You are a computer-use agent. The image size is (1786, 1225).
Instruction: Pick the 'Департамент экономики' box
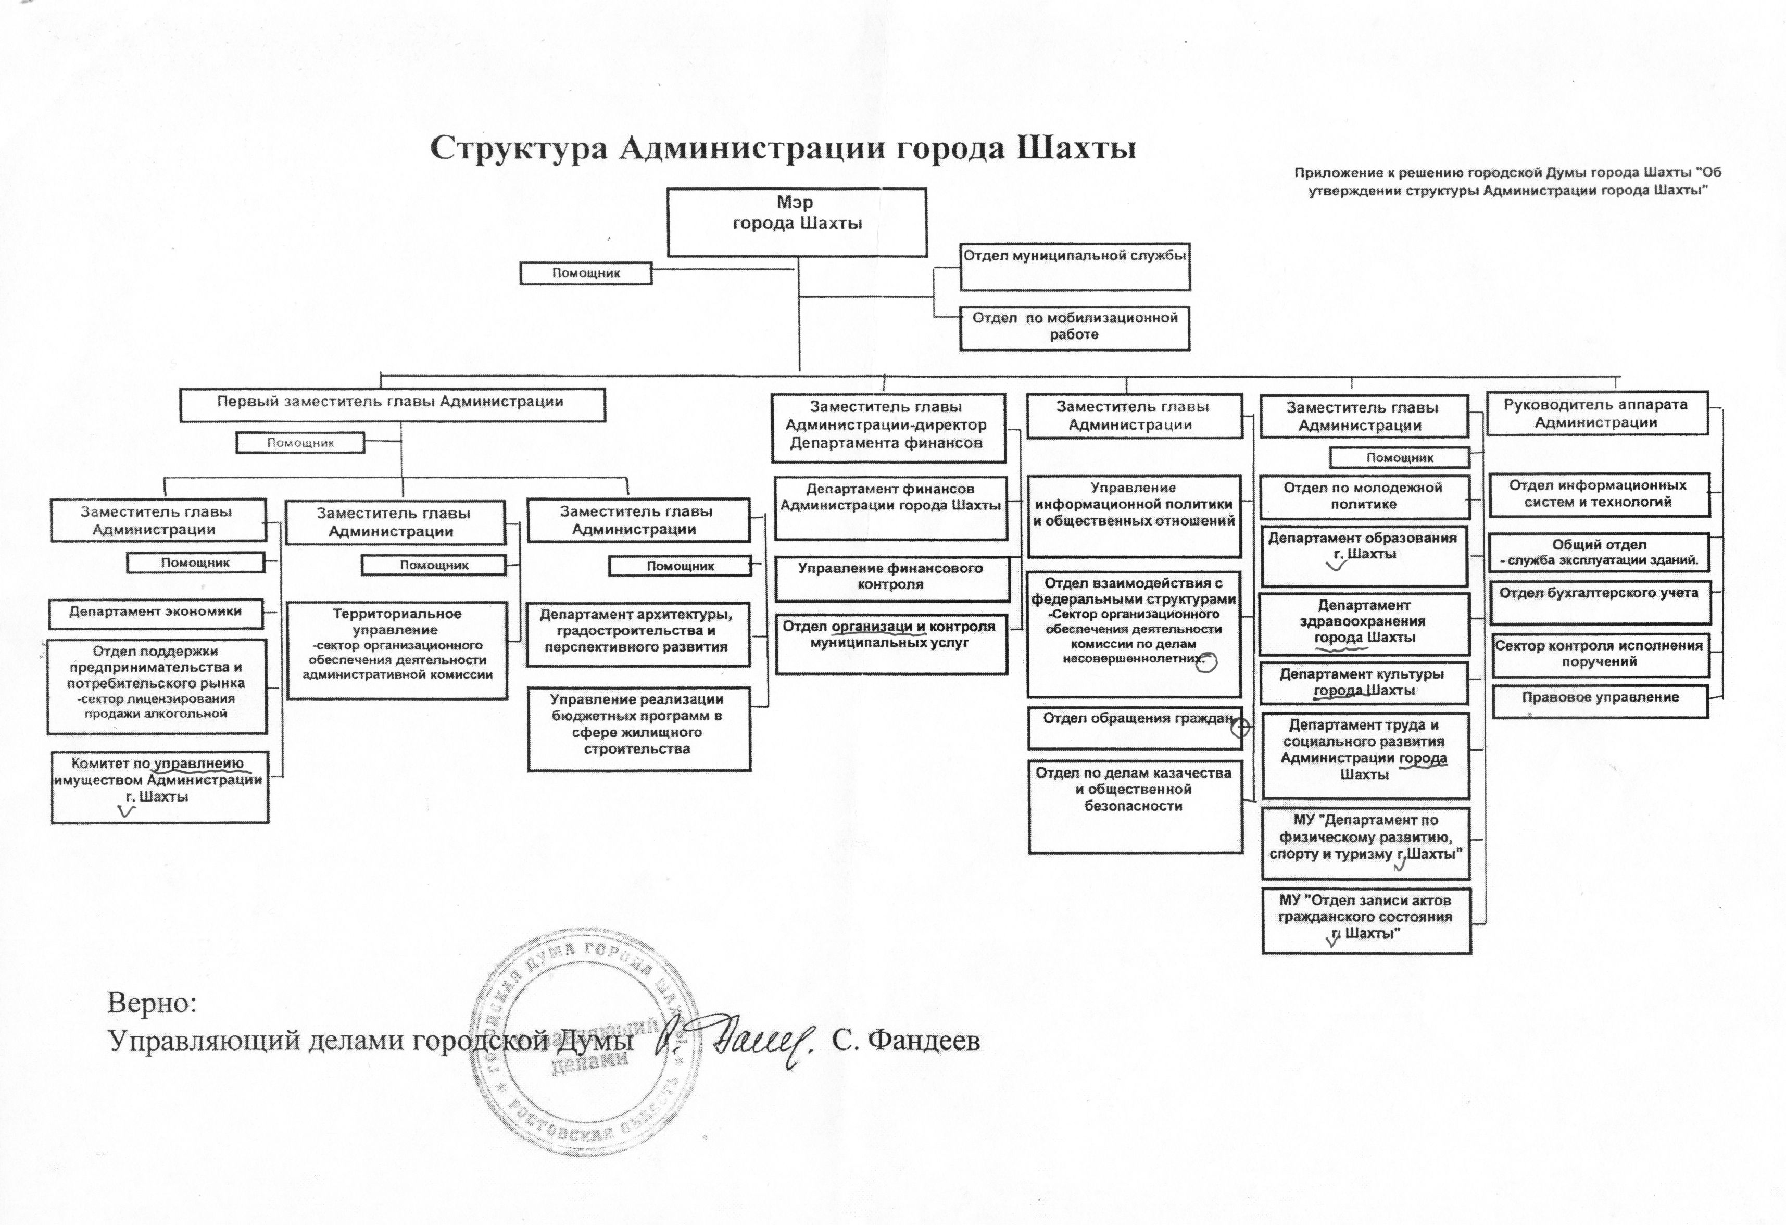pos(155,612)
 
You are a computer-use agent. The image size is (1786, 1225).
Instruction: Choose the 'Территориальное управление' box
pos(397,649)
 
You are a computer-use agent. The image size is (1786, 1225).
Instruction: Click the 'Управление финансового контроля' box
pos(891,578)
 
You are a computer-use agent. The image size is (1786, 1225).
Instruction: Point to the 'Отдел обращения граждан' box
pos(1134,727)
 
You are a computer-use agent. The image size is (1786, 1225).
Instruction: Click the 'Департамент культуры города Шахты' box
pos(1364,682)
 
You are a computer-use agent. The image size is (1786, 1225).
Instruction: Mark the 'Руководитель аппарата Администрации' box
pos(1595,414)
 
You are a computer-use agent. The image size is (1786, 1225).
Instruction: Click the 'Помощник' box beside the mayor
pos(586,273)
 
